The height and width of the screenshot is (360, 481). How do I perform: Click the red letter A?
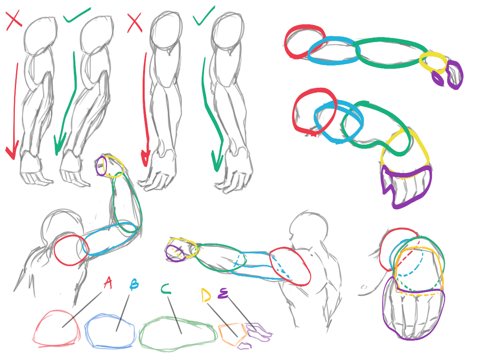[x=108, y=283]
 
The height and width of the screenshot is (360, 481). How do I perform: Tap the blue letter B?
[x=134, y=285]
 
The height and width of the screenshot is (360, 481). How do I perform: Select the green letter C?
[x=166, y=289]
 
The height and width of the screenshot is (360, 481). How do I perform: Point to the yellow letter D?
[x=206, y=295]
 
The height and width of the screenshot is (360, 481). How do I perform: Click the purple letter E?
[x=223, y=293]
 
